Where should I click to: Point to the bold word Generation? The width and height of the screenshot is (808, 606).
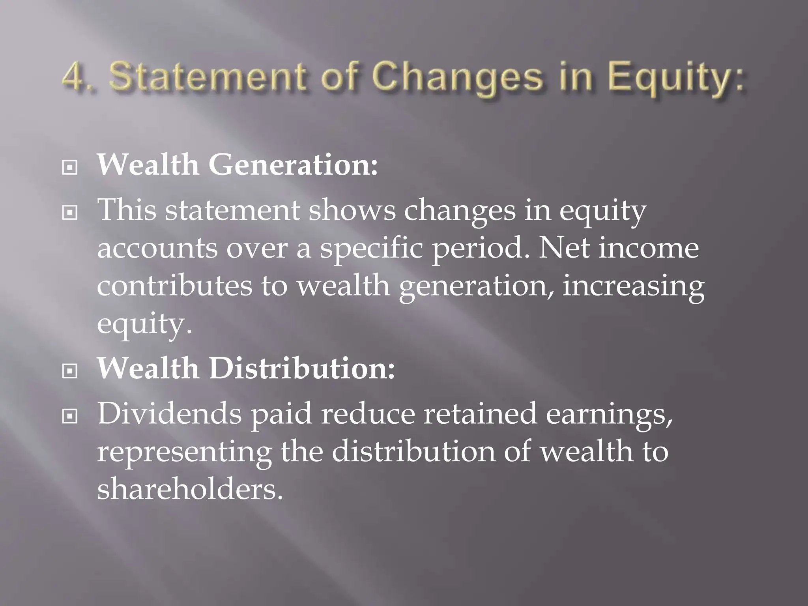pyautogui.click(x=293, y=165)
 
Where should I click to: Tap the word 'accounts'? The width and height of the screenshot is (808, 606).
pyautogui.click(x=157, y=249)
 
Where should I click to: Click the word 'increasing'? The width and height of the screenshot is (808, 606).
pyautogui.click(x=633, y=287)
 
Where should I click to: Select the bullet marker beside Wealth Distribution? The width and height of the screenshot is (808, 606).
pyautogui.click(x=70, y=371)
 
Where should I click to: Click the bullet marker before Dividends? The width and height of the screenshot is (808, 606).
pyautogui.click(x=70, y=416)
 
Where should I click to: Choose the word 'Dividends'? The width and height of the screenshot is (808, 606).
pyautogui.click(x=169, y=413)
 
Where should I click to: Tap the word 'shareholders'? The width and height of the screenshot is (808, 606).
pyautogui.click(x=190, y=489)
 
